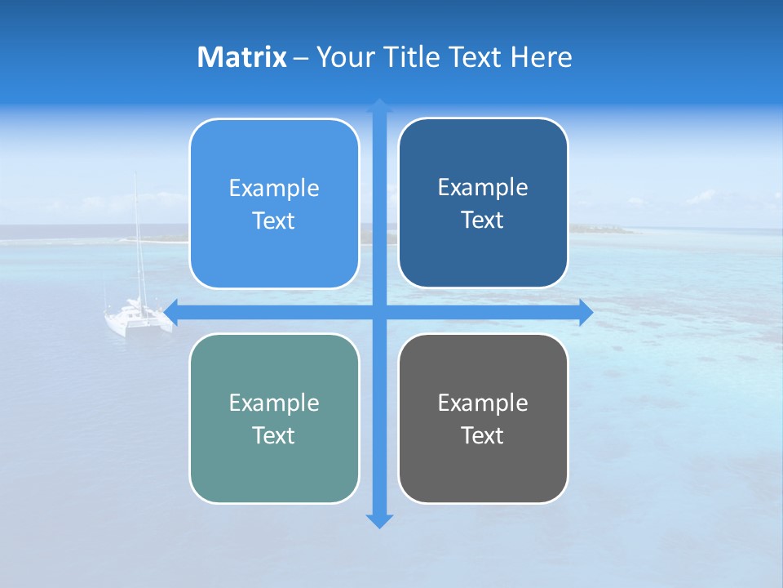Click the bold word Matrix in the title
click(x=241, y=57)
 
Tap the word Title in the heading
click(x=413, y=57)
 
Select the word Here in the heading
click(x=541, y=57)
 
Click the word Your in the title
click(x=346, y=57)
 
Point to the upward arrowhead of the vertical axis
click(x=379, y=105)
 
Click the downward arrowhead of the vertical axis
click(x=379, y=520)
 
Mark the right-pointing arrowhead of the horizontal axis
click(x=585, y=312)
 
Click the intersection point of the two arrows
click(x=379, y=312)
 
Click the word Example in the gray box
click(x=483, y=403)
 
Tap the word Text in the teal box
click(x=274, y=435)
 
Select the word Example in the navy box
click(x=483, y=188)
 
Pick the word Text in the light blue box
click(x=274, y=221)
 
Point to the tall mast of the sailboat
click(x=137, y=237)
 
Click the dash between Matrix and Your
click(x=301, y=58)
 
